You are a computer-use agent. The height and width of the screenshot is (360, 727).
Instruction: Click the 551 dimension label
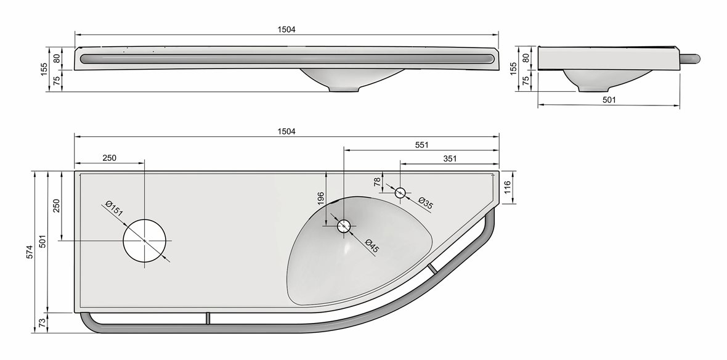click(x=421, y=144)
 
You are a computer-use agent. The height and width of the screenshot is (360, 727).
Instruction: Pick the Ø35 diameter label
click(x=425, y=203)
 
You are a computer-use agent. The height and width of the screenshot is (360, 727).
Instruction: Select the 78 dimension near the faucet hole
click(x=378, y=182)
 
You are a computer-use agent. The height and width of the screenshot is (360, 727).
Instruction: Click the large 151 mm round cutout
click(x=145, y=240)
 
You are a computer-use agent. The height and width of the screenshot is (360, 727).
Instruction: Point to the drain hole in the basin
click(x=343, y=226)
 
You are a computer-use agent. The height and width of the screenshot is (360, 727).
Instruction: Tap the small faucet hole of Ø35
click(x=400, y=192)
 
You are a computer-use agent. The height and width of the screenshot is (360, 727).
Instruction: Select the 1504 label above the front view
click(x=286, y=29)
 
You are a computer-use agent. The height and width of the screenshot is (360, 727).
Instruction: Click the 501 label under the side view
click(x=608, y=99)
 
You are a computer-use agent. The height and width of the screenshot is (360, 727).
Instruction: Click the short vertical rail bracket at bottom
click(x=208, y=317)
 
